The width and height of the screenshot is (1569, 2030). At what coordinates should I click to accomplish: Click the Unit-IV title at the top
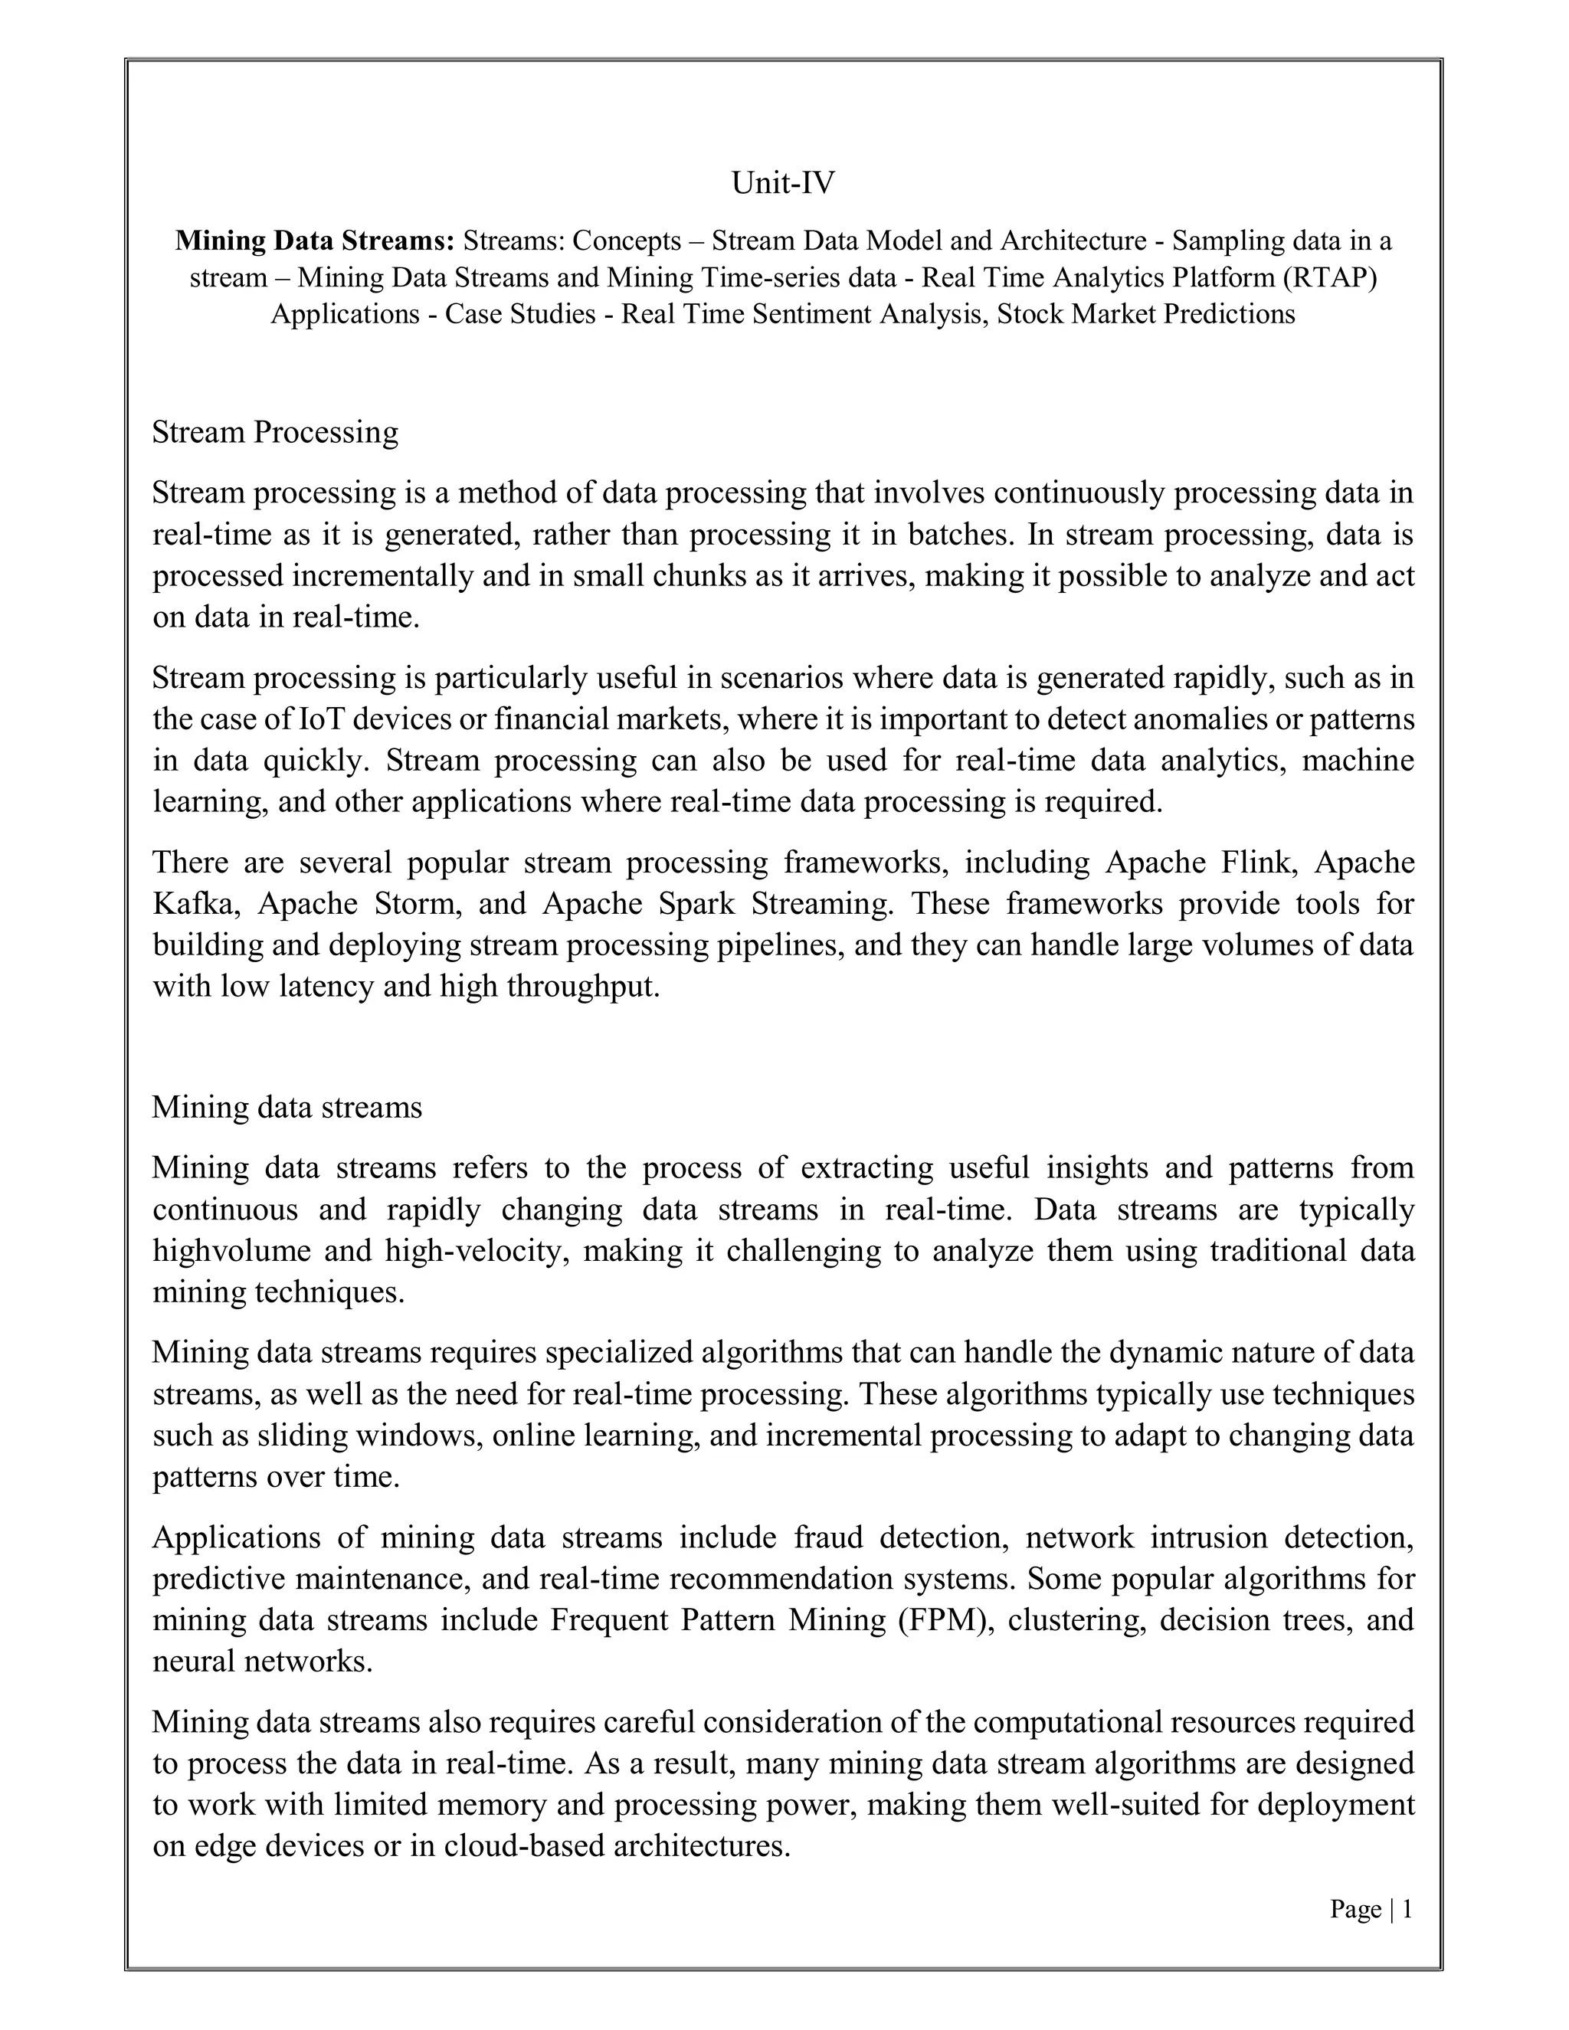[x=783, y=183]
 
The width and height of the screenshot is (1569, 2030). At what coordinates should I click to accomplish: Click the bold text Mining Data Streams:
[x=315, y=241]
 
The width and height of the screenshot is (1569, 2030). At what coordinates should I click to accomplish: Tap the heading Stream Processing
[x=275, y=432]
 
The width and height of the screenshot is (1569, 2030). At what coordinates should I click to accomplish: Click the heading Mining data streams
[x=287, y=1107]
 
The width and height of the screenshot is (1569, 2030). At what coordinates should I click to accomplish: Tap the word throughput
[x=584, y=986]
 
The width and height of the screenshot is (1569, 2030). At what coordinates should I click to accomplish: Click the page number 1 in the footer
[x=1407, y=1910]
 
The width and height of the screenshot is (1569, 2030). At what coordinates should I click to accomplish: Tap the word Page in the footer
[x=1355, y=1910]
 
